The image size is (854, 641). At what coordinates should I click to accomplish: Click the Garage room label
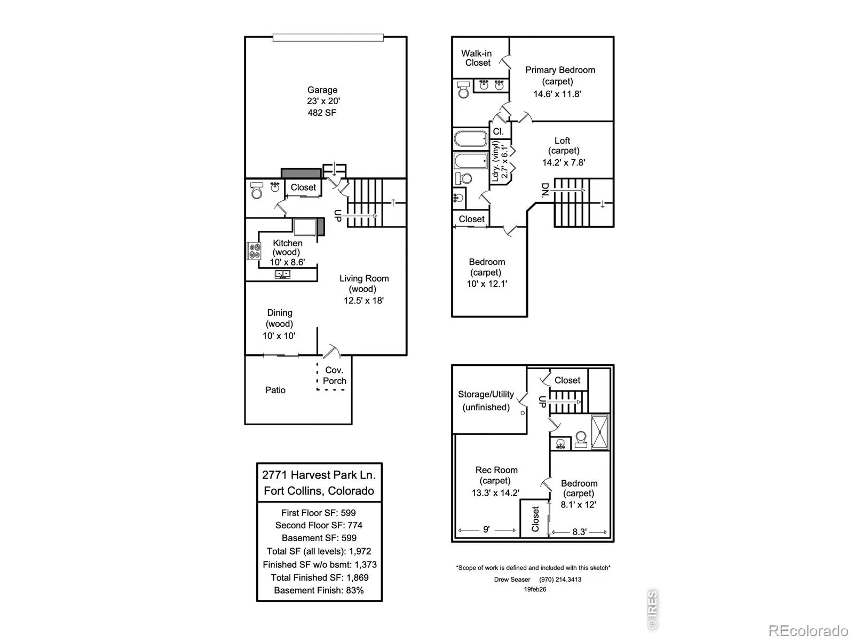(x=322, y=90)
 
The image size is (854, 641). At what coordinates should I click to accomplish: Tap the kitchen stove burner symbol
(x=254, y=251)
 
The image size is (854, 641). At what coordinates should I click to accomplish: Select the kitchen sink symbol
(x=282, y=274)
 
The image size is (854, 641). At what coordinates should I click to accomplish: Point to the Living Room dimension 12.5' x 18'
(x=363, y=300)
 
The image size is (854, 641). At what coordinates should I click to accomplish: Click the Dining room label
(x=280, y=312)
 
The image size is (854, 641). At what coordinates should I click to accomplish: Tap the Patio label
(x=275, y=390)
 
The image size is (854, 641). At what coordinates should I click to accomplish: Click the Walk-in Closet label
(x=477, y=58)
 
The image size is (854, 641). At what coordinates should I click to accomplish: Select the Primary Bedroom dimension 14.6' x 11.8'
(x=557, y=94)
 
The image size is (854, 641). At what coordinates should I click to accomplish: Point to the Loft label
(x=562, y=140)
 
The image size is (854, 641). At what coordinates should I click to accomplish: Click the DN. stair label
(x=545, y=190)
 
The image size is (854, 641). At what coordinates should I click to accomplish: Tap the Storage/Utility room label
(x=486, y=394)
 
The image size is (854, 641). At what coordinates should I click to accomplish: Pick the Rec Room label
(x=496, y=470)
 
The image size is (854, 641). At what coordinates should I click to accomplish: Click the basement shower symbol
(x=599, y=432)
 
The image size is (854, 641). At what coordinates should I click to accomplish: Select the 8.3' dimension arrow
(x=579, y=532)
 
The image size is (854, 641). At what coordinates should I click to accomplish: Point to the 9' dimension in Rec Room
(x=486, y=529)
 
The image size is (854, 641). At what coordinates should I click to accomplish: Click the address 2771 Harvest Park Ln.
(x=319, y=474)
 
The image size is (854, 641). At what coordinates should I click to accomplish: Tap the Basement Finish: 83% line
(x=319, y=590)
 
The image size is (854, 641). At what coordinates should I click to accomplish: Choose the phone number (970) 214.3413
(x=560, y=580)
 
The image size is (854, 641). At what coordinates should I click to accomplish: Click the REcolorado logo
(x=809, y=631)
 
